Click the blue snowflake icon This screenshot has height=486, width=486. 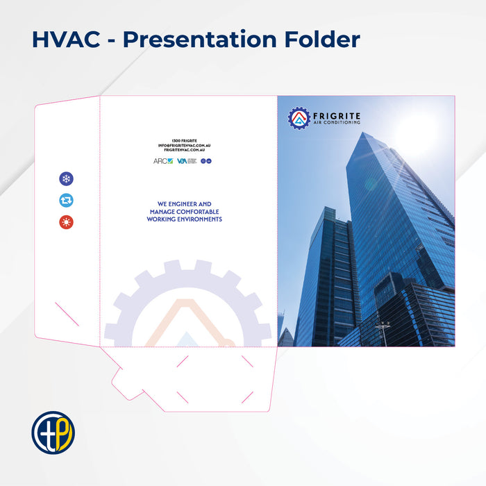(66, 179)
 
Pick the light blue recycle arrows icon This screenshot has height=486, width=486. (66, 201)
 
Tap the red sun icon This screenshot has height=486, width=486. (66, 222)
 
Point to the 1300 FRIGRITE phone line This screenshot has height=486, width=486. (184, 140)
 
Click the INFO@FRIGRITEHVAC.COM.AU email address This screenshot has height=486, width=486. (184, 145)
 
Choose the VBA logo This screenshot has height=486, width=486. (182, 161)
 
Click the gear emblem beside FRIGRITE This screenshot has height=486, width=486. (299, 118)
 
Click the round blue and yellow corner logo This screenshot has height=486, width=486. (53, 432)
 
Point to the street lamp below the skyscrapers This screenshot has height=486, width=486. (383, 326)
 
